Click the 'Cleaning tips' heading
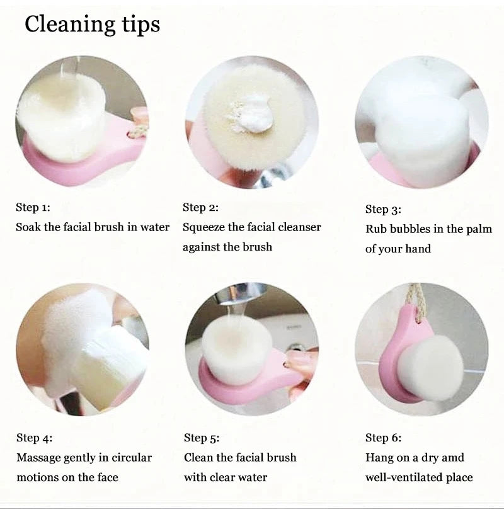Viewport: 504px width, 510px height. pos(92,25)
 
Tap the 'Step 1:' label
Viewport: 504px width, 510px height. pos(33,207)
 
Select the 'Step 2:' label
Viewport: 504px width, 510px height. pos(200,207)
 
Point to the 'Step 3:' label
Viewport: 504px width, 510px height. pos(383,209)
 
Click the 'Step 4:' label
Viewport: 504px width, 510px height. pos(34,438)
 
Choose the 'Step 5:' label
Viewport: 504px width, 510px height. pos(202,438)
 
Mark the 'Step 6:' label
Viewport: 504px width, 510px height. pos(383,438)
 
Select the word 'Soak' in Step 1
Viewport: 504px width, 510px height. pos(28,227)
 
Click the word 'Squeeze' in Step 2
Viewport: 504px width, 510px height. pos(205,227)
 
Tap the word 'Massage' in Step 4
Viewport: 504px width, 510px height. pos(39,457)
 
